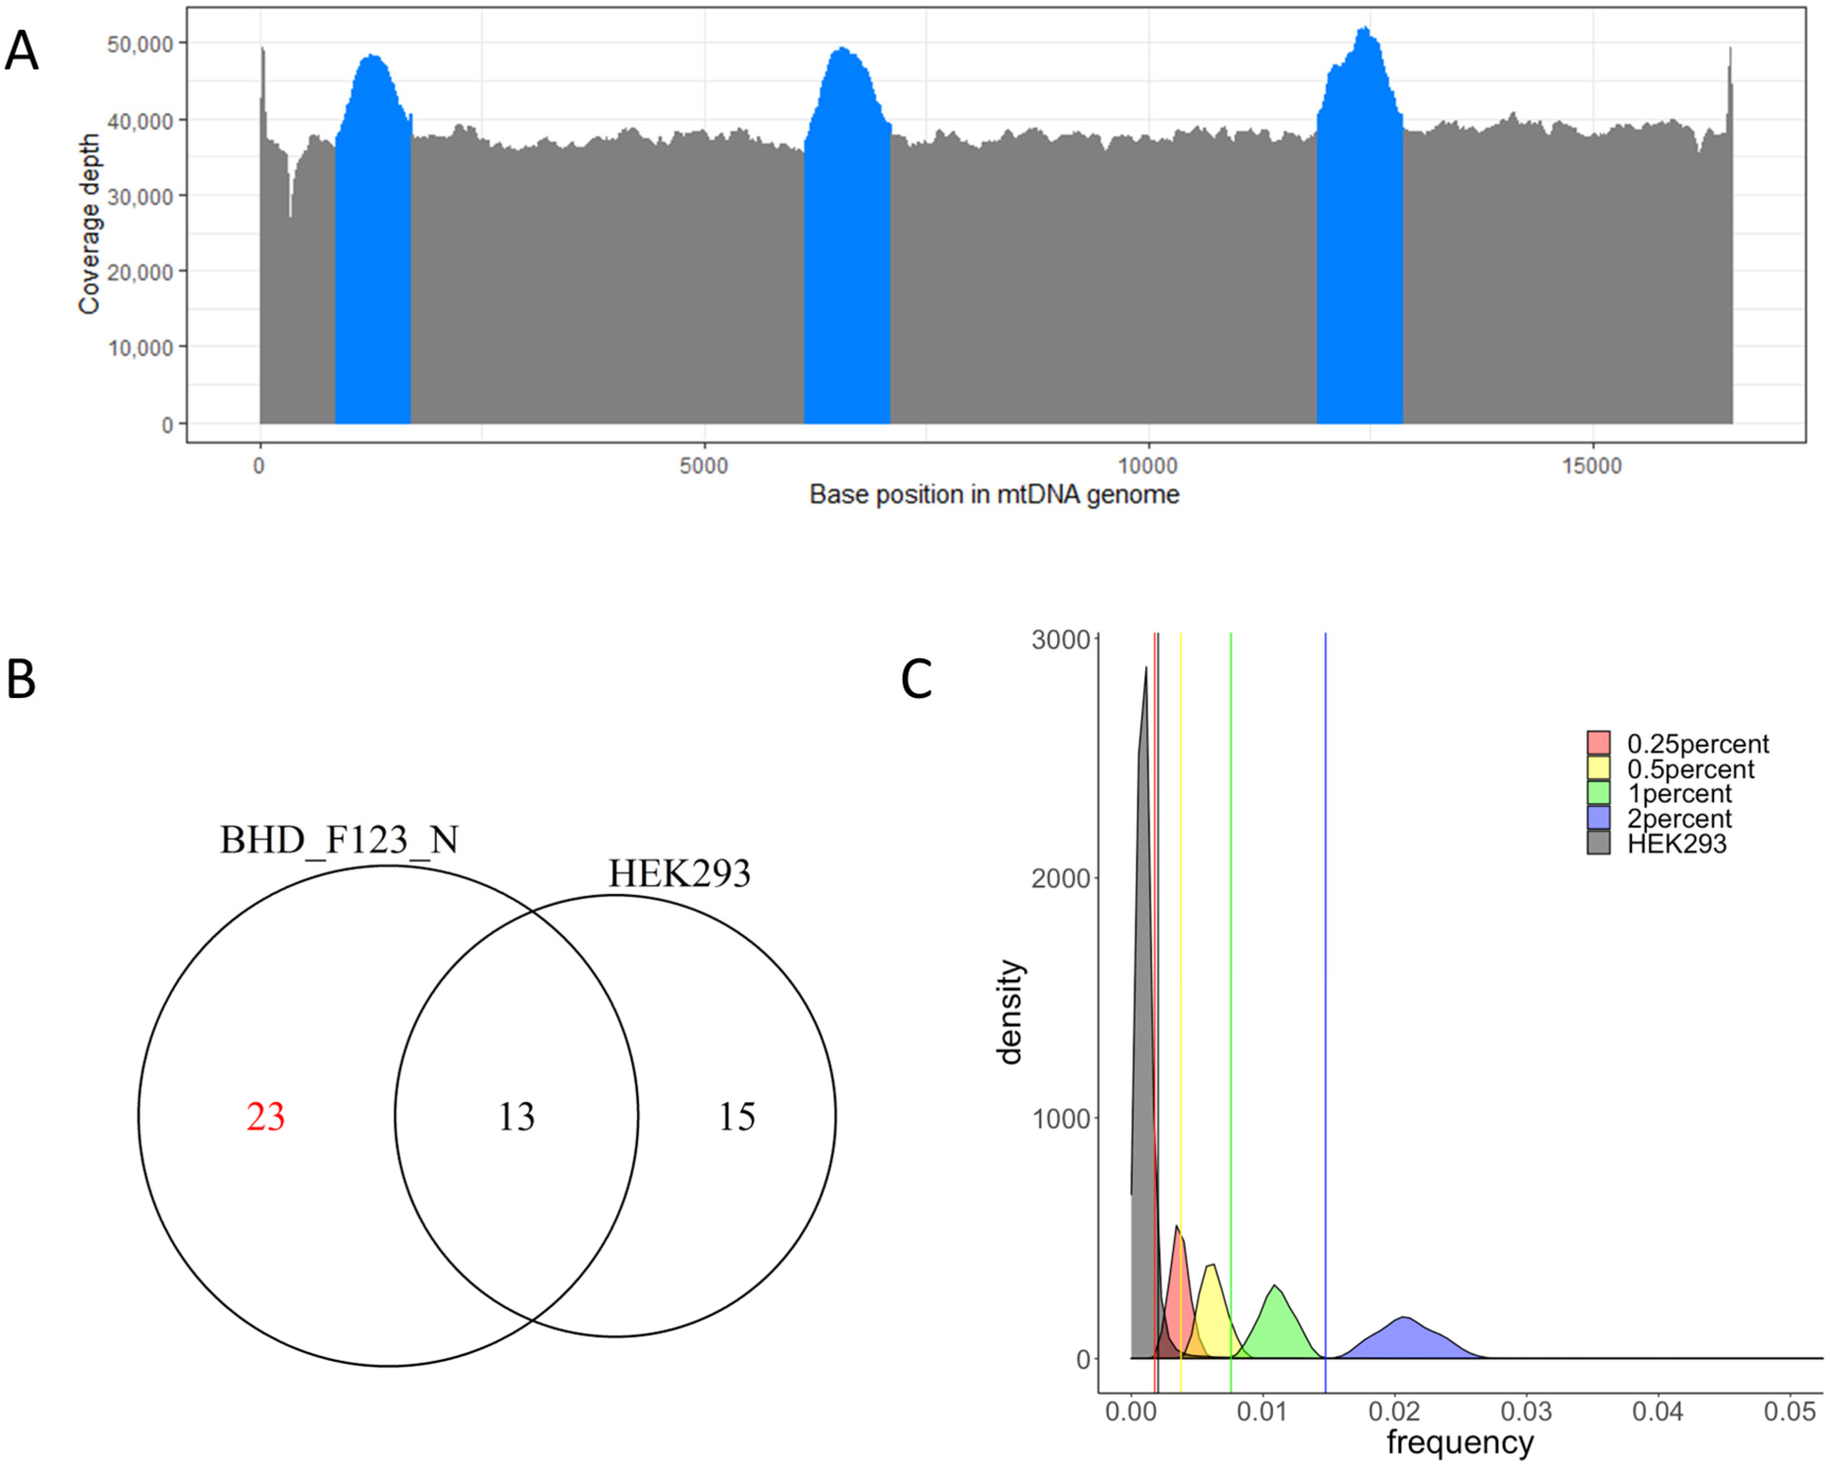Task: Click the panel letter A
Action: pyautogui.click(x=22, y=52)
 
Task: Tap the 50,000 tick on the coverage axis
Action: pyautogui.click(x=140, y=44)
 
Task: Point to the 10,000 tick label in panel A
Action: pyautogui.click(x=140, y=348)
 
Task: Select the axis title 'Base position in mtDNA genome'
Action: pyautogui.click(x=994, y=495)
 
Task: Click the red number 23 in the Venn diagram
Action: pyautogui.click(x=266, y=1117)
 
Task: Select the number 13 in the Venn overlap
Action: pyautogui.click(x=516, y=1117)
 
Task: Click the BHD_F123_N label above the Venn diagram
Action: pyautogui.click(x=339, y=840)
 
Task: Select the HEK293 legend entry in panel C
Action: pyautogui.click(x=1676, y=844)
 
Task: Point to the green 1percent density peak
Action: pyautogui.click(x=1275, y=1290)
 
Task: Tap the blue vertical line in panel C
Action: pyautogui.click(x=1325, y=1019)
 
